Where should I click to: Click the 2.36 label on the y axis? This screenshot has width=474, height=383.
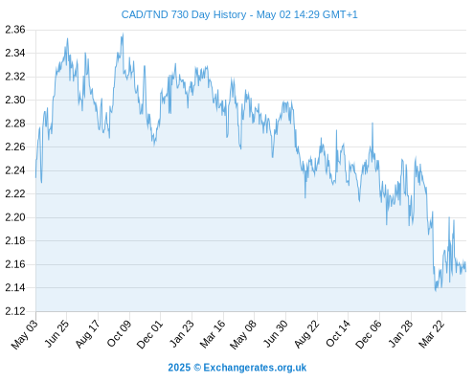15,30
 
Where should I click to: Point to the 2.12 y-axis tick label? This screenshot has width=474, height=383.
15,311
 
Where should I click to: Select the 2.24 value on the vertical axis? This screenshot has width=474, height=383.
15,170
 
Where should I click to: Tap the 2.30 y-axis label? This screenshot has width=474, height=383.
15,101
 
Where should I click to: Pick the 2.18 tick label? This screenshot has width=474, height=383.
15,241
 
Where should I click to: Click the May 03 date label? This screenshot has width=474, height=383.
25,334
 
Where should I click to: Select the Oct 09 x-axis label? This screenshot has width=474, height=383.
120,333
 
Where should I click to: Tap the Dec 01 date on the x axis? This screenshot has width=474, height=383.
150,334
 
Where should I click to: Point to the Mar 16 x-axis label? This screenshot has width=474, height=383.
213,334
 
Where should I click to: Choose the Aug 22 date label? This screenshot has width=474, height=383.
307,334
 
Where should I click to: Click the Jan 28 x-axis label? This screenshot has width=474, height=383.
401,334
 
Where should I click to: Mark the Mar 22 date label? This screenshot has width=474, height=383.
432,334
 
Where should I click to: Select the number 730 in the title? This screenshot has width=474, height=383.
180,14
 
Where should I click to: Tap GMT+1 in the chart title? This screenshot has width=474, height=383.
340,14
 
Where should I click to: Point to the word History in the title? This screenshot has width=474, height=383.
230,15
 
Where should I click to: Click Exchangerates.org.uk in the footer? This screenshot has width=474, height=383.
255,368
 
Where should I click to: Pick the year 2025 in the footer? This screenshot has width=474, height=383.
179,368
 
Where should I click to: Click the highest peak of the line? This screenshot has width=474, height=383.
123,34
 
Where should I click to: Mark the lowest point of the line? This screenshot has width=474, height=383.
436,291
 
